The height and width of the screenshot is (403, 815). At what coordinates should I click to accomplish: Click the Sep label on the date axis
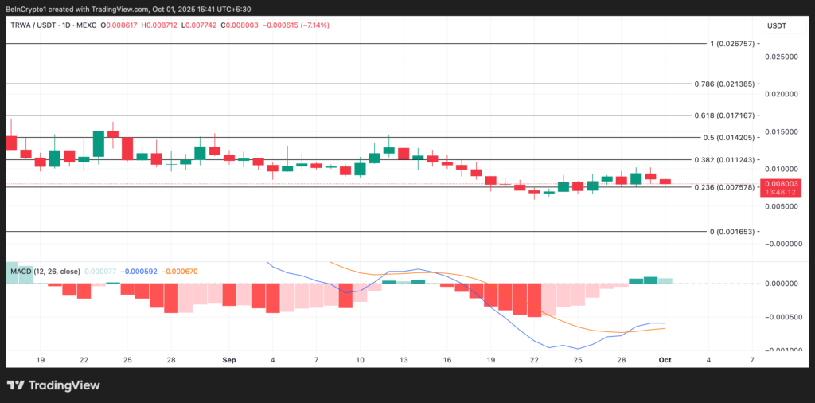[x=229, y=360]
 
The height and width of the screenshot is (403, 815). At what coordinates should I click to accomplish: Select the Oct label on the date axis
[x=665, y=360]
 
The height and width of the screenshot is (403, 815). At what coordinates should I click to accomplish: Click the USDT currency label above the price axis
[x=776, y=25]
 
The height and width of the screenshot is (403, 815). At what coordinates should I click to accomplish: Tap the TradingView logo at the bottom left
[x=54, y=385]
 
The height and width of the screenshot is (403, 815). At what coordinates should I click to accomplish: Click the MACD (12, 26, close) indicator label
[x=45, y=272]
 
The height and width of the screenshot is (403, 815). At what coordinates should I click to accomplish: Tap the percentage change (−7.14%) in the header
[x=314, y=25]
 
